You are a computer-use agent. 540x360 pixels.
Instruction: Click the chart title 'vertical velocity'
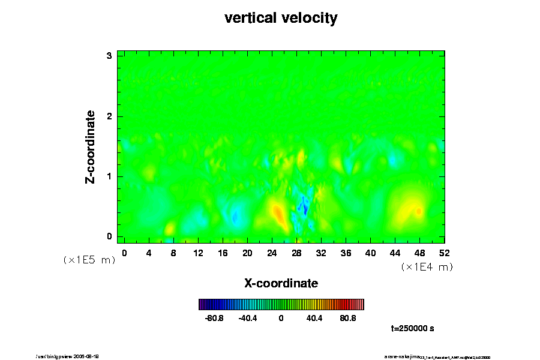(281, 18)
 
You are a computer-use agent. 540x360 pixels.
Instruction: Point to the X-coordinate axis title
(281, 283)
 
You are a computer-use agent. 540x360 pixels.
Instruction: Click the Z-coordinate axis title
(91, 146)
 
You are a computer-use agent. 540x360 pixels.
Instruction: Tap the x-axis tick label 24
(272, 253)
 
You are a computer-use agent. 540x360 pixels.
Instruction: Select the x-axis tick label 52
(444, 253)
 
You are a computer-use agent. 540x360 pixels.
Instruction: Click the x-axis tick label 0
(124, 253)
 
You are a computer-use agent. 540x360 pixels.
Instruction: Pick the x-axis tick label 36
(346, 253)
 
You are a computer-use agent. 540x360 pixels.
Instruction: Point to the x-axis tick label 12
(198, 253)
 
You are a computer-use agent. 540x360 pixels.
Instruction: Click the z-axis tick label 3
(109, 56)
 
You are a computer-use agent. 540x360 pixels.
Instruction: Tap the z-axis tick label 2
(109, 116)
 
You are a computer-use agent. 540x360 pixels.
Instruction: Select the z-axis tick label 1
(109, 176)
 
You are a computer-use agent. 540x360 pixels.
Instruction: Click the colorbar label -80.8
(214, 319)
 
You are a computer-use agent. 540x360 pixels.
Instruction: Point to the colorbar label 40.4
(314, 319)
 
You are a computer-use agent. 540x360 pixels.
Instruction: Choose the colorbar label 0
(281, 319)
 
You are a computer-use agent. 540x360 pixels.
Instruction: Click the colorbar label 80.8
(348, 319)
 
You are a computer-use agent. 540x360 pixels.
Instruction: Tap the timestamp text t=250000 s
(412, 329)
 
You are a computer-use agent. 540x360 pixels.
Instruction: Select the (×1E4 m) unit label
(427, 267)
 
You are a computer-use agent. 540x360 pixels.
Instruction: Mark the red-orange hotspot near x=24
(278, 213)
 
